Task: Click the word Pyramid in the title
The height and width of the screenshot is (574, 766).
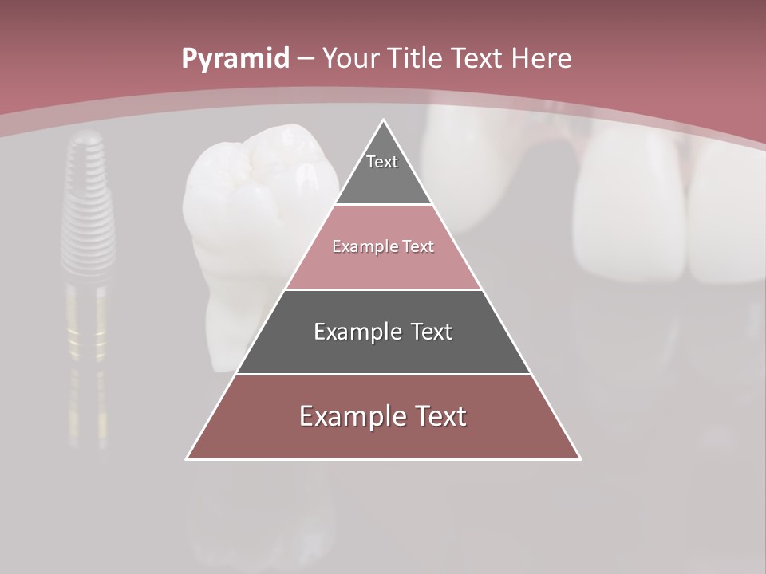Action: click(x=235, y=58)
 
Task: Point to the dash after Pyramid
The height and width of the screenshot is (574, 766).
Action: click(x=306, y=59)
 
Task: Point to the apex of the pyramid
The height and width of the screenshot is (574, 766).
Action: click(x=384, y=120)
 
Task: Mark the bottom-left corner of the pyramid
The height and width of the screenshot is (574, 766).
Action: click(x=187, y=458)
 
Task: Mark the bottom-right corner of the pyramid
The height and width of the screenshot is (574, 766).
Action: click(x=580, y=458)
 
